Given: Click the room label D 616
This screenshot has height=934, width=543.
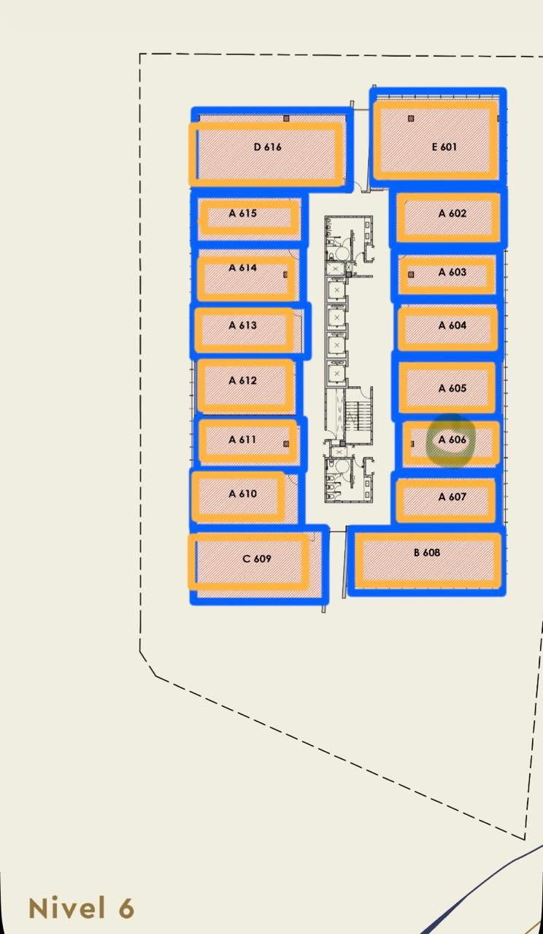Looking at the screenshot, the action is [x=267, y=147].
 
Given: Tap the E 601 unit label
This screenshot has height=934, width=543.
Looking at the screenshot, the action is [x=444, y=147].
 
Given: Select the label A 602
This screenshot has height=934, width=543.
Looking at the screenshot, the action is [x=452, y=214].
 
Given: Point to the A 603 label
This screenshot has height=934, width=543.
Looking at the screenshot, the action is [x=452, y=272].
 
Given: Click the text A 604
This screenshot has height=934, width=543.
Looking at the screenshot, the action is [x=452, y=325].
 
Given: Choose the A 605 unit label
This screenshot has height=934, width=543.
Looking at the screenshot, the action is [x=452, y=388].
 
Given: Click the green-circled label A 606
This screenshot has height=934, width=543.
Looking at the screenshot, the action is [x=452, y=439].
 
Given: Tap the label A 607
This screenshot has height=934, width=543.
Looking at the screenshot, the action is [x=452, y=497].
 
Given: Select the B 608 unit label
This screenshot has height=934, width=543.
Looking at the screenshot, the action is [x=427, y=552].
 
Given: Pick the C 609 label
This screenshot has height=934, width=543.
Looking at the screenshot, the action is [x=256, y=559].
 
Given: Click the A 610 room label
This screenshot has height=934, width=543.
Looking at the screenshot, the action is [x=243, y=494].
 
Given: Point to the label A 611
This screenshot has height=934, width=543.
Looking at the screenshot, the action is [x=242, y=439].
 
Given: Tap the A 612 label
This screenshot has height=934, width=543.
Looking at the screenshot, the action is [x=243, y=380].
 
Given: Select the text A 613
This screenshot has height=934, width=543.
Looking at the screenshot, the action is [x=243, y=325].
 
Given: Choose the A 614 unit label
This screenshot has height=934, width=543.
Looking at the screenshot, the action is [x=243, y=268].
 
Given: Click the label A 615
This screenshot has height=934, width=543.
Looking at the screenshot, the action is [x=243, y=214].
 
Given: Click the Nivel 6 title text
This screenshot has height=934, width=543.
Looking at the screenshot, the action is [x=81, y=908].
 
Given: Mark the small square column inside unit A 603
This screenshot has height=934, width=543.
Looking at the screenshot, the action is [x=411, y=274].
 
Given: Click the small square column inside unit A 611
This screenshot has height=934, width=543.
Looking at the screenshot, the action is [x=286, y=444].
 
